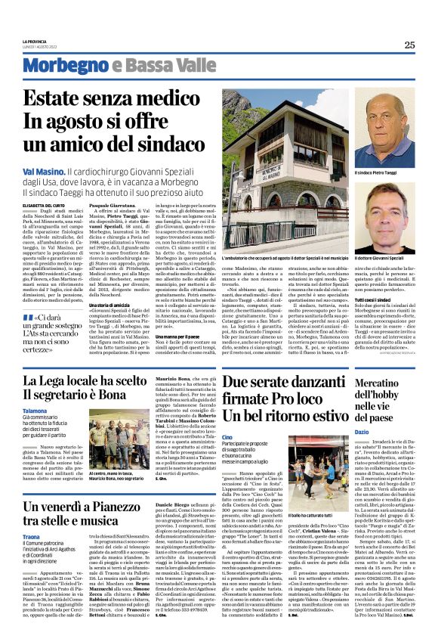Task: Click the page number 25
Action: (409, 44)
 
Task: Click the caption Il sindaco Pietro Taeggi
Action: (375, 173)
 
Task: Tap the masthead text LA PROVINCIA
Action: (37, 41)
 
